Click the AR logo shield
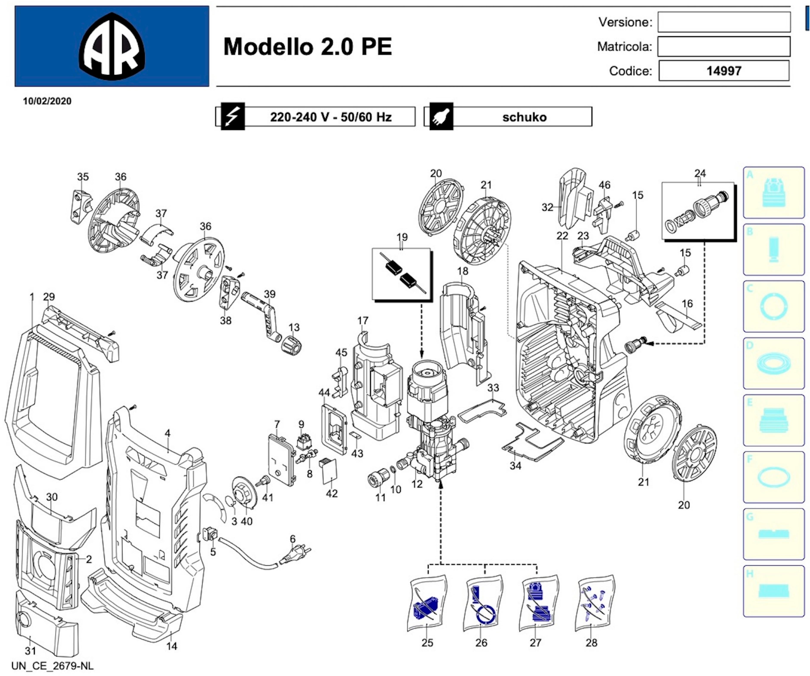[112, 46]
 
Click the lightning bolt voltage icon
[233, 116]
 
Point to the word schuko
[524, 117]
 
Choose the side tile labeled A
[773, 193]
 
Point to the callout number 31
[31, 651]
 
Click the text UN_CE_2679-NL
[53, 666]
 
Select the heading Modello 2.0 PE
[307, 47]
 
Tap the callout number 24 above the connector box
[700, 173]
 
